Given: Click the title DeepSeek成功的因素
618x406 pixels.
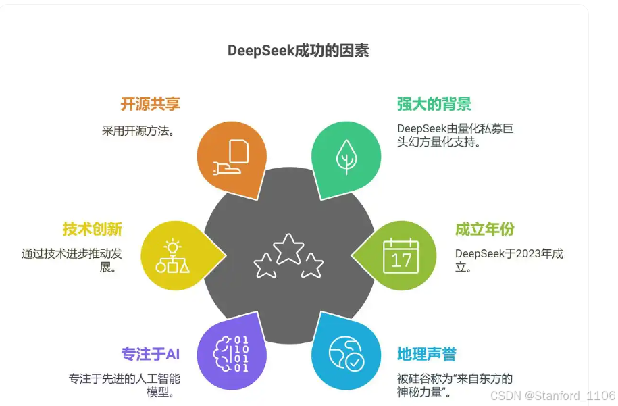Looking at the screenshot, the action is click(x=298, y=51).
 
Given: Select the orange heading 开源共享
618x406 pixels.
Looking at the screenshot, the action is click(x=150, y=104).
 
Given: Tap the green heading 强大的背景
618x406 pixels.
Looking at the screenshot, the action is click(x=434, y=104).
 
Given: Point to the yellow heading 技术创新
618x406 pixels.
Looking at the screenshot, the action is click(x=92, y=229).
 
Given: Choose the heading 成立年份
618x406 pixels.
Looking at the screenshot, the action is click(x=484, y=229).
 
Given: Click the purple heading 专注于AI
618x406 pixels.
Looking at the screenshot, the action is click(x=150, y=354).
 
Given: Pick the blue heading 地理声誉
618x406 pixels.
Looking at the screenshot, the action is click(x=427, y=354).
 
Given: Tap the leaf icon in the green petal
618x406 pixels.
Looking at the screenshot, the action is click(x=347, y=157).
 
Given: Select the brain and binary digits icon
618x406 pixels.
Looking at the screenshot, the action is click(x=230, y=354).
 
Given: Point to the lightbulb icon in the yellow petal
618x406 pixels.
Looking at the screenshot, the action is click(x=173, y=255).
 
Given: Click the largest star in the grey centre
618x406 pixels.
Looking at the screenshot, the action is click(x=289, y=248).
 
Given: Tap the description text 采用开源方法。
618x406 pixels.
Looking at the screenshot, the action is click(x=138, y=130).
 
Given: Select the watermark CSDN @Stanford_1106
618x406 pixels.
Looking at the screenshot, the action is click(x=552, y=395).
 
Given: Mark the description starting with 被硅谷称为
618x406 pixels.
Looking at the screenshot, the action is click(x=455, y=385).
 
